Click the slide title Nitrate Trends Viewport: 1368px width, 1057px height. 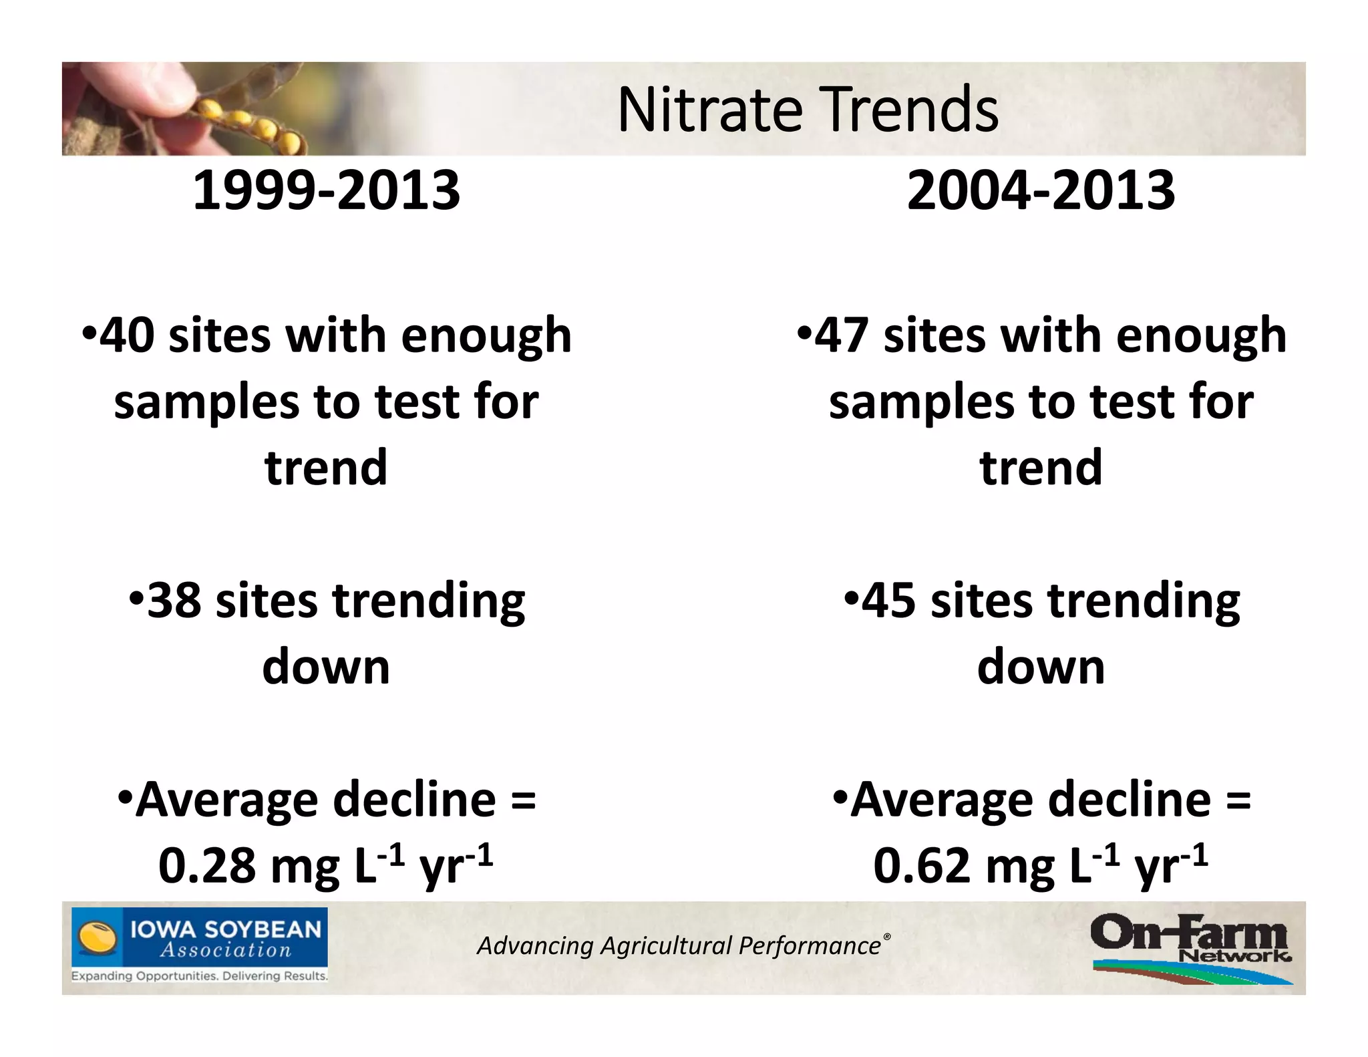808,110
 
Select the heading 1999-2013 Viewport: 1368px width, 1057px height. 326,190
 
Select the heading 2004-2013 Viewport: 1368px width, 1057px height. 1041,190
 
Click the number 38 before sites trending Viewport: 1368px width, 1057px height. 174,600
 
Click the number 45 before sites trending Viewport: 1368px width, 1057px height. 888,600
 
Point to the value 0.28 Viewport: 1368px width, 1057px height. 207,866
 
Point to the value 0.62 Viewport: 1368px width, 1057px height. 922,866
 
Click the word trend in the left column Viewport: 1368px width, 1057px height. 326,467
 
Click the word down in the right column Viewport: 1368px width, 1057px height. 1041,667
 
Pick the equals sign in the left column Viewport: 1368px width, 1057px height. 523,800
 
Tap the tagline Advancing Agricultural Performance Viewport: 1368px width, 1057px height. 679,946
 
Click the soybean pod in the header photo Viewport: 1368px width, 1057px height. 247,124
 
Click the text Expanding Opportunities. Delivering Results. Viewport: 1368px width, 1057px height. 200,976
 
